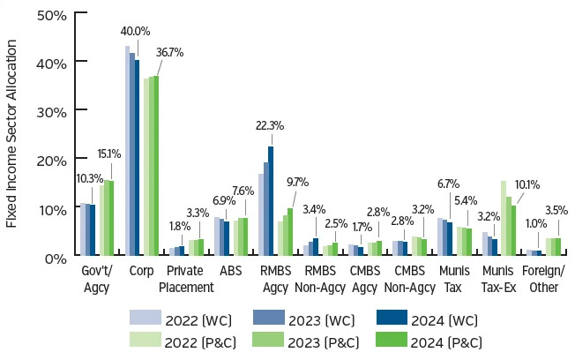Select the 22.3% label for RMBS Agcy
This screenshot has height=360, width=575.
[x=269, y=126]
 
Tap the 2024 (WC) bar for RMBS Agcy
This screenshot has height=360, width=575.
[x=271, y=201]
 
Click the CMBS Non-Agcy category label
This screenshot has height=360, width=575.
[x=413, y=280]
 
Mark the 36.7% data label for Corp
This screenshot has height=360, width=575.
[x=169, y=52]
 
